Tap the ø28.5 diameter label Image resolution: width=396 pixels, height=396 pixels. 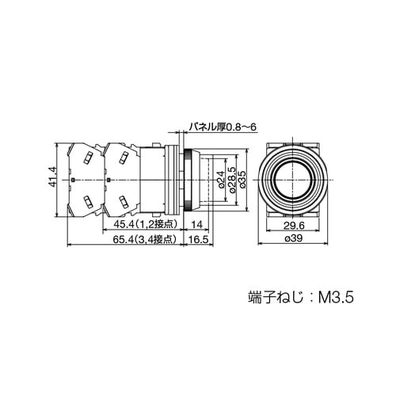(x=230, y=181)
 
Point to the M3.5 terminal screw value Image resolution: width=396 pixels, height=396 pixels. (x=334, y=299)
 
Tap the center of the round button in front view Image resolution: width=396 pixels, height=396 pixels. (x=294, y=181)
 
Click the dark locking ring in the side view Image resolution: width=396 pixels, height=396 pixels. (x=188, y=181)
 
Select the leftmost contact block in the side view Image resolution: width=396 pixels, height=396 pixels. (x=86, y=181)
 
